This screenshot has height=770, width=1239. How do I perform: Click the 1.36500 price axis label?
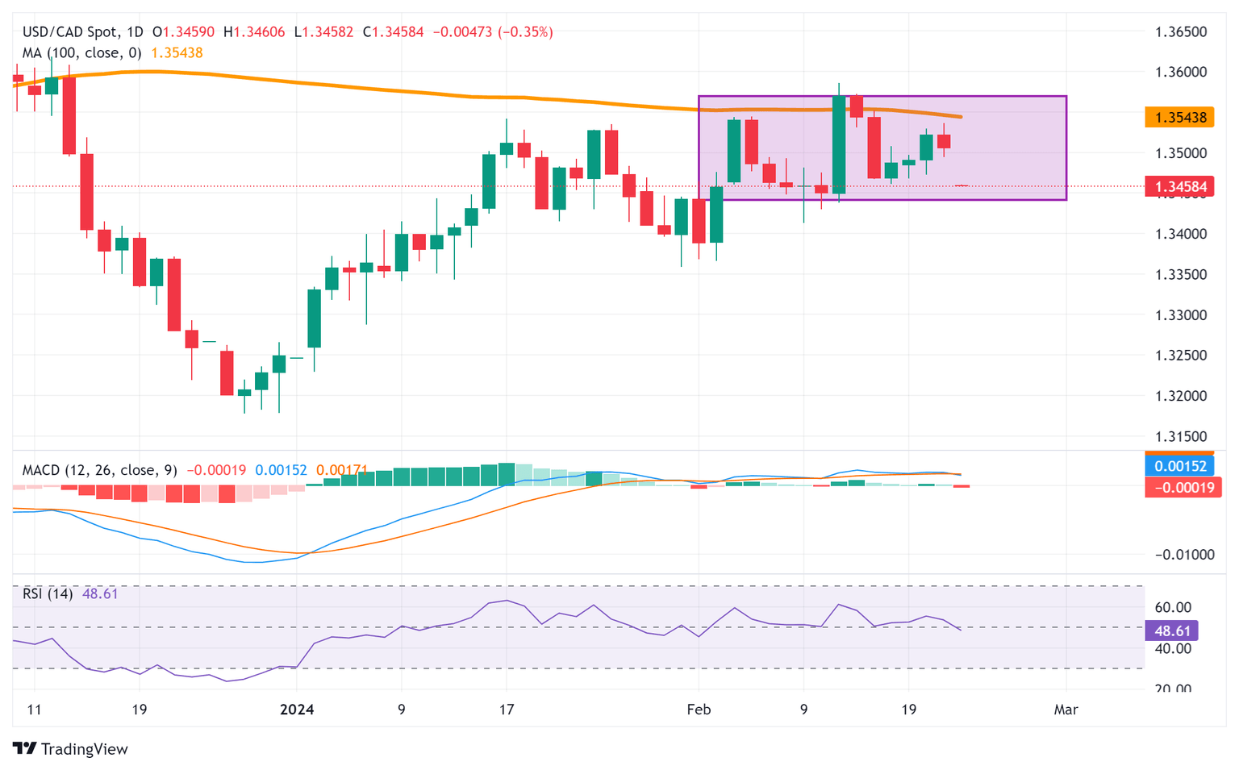tap(1181, 32)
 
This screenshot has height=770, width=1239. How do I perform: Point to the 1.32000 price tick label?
tap(1181, 396)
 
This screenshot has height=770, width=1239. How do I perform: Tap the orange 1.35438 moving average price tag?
tap(1180, 118)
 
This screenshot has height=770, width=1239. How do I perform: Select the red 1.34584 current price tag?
tap(1180, 187)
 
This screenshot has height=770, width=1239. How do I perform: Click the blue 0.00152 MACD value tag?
tap(1180, 466)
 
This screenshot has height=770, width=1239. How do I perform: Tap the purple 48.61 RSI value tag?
tap(1171, 631)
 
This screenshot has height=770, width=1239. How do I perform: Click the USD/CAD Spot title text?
tap(72, 32)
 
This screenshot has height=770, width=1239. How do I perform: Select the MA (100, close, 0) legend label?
tap(81, 53)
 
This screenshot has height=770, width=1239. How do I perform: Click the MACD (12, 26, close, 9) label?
tap(99, 470)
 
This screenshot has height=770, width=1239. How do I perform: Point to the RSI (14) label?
tap(48, 594)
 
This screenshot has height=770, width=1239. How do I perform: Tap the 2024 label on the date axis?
tap(296, 710)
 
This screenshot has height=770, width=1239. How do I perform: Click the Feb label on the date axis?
tap(699, 710)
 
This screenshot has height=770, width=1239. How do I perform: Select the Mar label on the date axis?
tap(1066, 710)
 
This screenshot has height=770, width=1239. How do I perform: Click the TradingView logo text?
tap(84, 749)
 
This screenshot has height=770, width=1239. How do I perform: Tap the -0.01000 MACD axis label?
tap(1184, 555)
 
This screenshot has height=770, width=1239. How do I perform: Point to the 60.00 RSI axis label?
tap(1173, 607)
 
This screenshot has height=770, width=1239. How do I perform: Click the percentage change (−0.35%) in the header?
tap(525, 32)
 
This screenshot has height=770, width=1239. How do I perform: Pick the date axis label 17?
tap(506, 710)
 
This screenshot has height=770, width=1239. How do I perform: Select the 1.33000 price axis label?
tap(1181, 315)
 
